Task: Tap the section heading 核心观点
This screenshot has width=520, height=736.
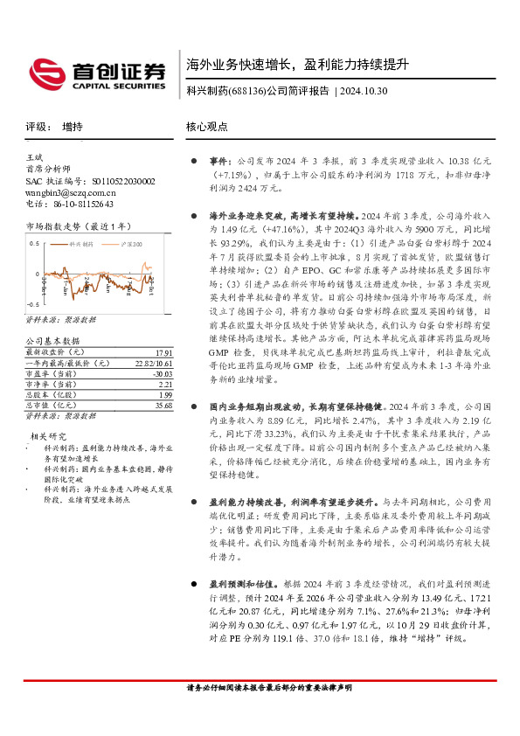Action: coord(206,126)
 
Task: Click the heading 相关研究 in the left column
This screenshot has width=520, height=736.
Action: coord(49,435)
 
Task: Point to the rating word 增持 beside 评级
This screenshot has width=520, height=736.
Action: coord(73,126)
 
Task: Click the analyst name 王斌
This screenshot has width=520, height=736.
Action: coord(35,158)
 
